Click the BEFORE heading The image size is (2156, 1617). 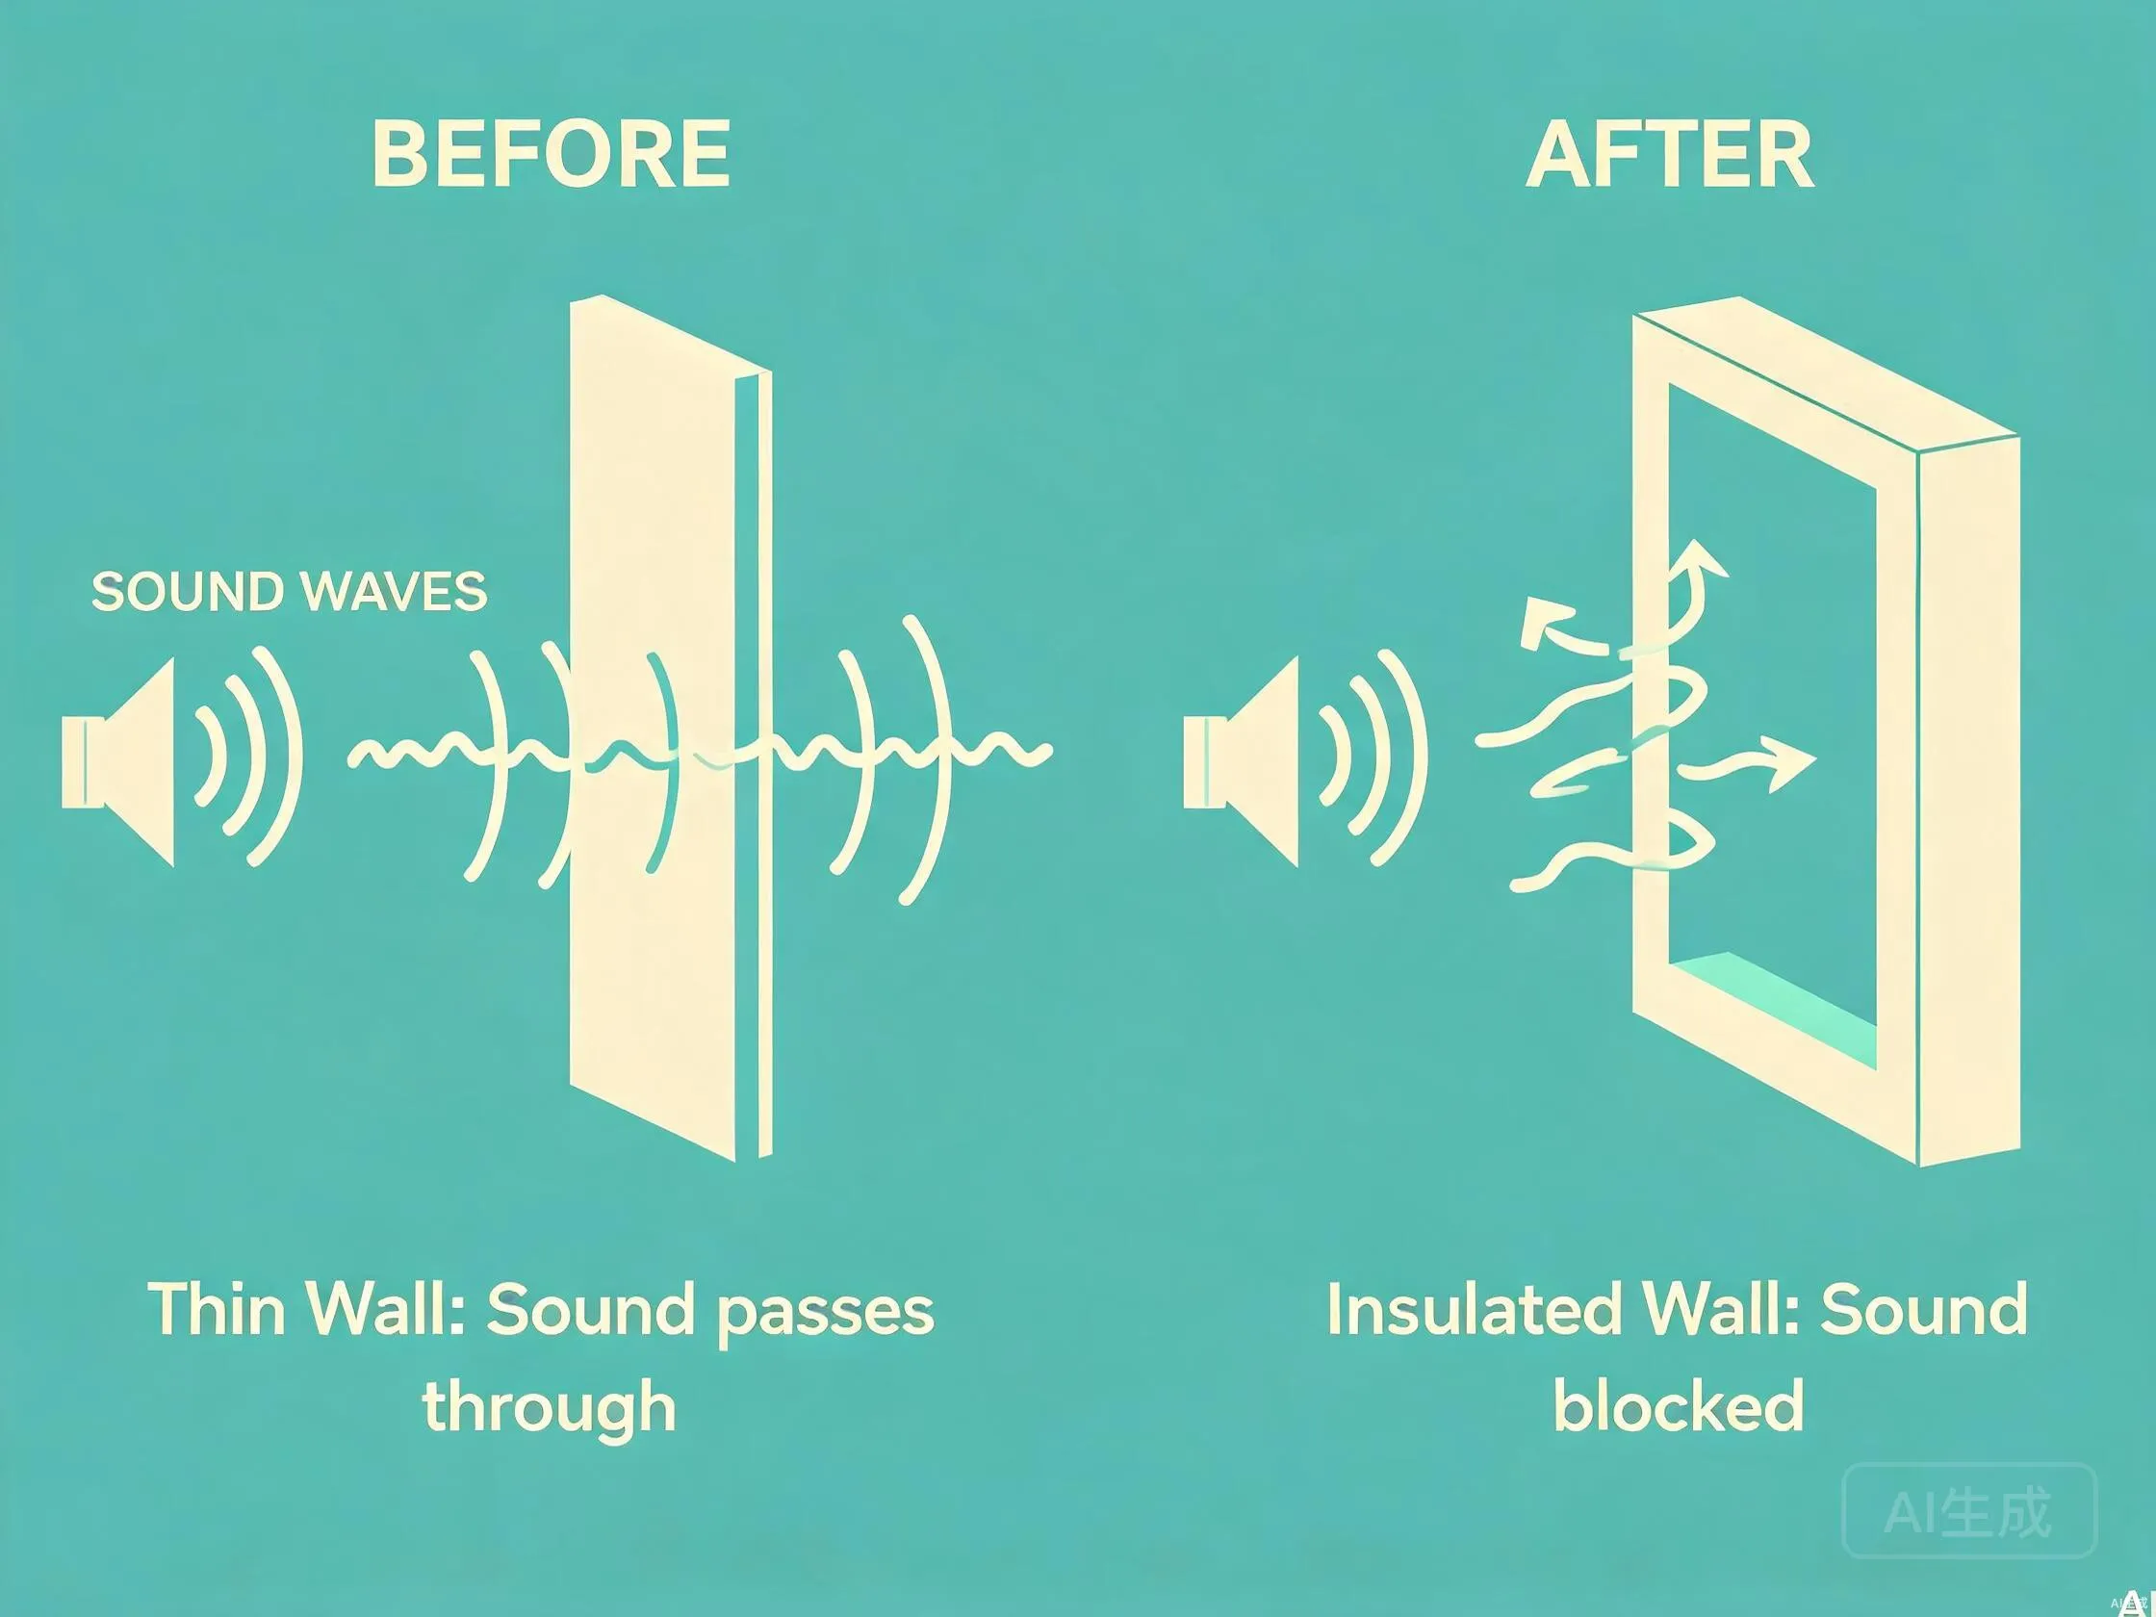(551, 153)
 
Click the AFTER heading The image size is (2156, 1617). (1670, 154)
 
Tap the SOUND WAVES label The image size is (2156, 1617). (289, 591)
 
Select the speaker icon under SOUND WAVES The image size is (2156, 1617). (118, 762)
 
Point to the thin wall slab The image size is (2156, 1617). (670, 727)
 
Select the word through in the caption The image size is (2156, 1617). (550, 1407)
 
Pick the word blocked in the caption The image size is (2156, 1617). (1679, 1405)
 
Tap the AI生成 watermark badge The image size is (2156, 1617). (1969, 1511)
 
